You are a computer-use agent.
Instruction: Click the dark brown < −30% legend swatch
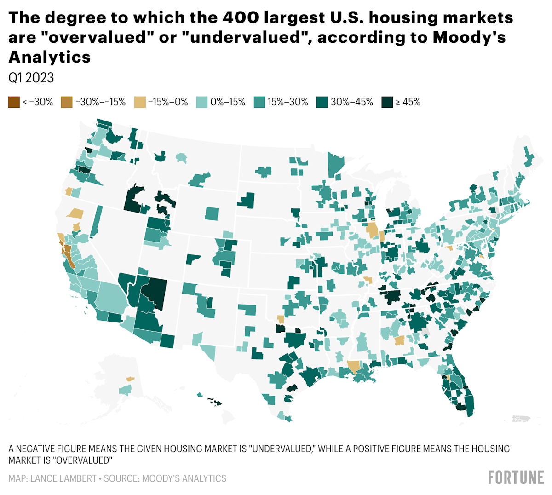pyautogui.click(x=14, y=102)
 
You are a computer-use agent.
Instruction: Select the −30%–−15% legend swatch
pyautogui.click(x=67, y=102)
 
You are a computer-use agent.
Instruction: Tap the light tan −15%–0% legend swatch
pyautogui.click(x=140, y=102)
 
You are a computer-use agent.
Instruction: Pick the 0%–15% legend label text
pyautogui.click(x=228, y=102)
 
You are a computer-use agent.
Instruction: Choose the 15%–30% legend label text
pyautogui.click(x=288, y=102)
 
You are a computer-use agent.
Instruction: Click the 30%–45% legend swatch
pyautogui.click(x=322, y=102)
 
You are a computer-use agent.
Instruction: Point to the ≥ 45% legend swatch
pyautogui.click(x=387, y=102)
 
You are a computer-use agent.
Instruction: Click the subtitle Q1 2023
pyautogui.click(x=31, y=78)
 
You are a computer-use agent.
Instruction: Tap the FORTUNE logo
pyautogui.click(x=516, y=477)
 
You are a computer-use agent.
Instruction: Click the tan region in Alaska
pyautogui.click(x=130, y=379)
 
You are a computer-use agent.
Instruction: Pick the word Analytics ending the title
pyautogui.click(x=49, y=57)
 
